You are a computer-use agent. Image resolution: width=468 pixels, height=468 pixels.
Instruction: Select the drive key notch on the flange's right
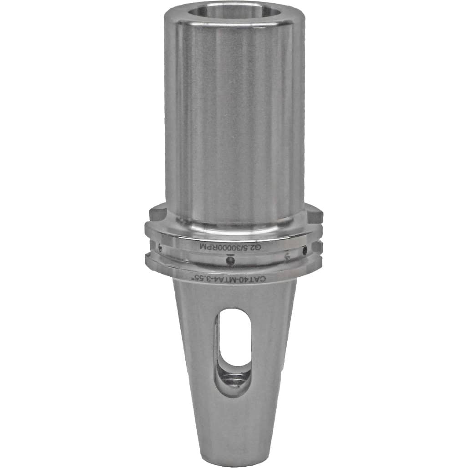pos(315,216)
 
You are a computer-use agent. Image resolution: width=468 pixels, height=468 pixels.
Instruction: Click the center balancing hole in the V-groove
pos(230,260)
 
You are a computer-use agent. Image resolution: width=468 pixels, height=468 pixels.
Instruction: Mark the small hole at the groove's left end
pos(161,247)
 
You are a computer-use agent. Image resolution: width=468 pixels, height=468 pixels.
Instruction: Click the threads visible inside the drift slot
pos(235,381)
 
